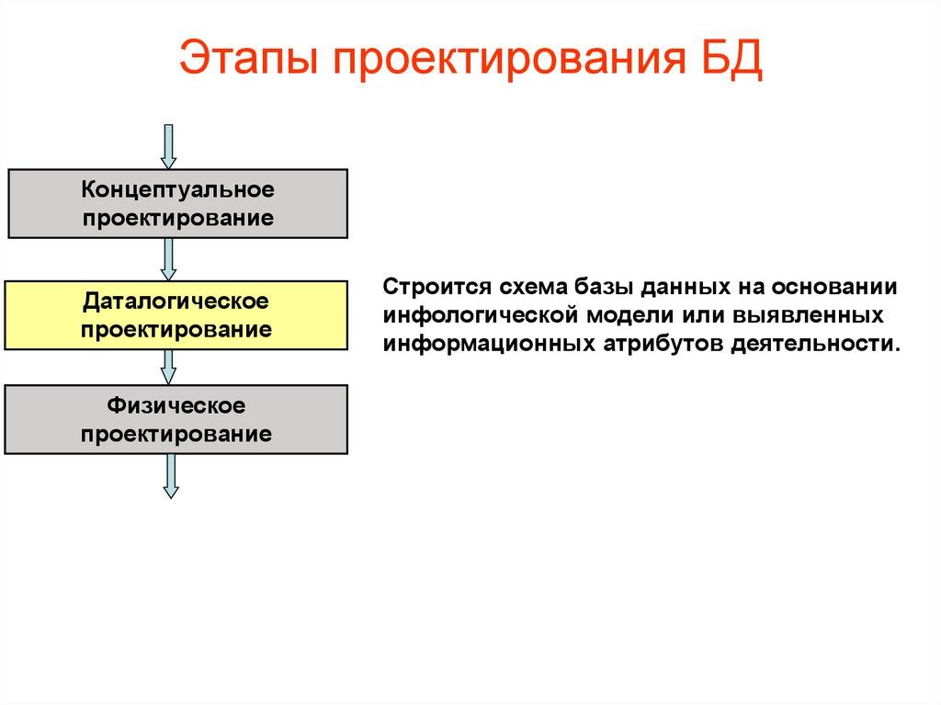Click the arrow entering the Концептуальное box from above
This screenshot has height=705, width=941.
tap(168, 146)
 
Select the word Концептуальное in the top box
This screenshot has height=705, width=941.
tap(177, 191)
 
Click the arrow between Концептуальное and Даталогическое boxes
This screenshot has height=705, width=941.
tap(168, 259)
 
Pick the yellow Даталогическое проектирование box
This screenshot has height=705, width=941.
tap(177, 315)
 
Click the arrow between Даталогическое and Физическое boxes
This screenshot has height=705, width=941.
tap(168, 367)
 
